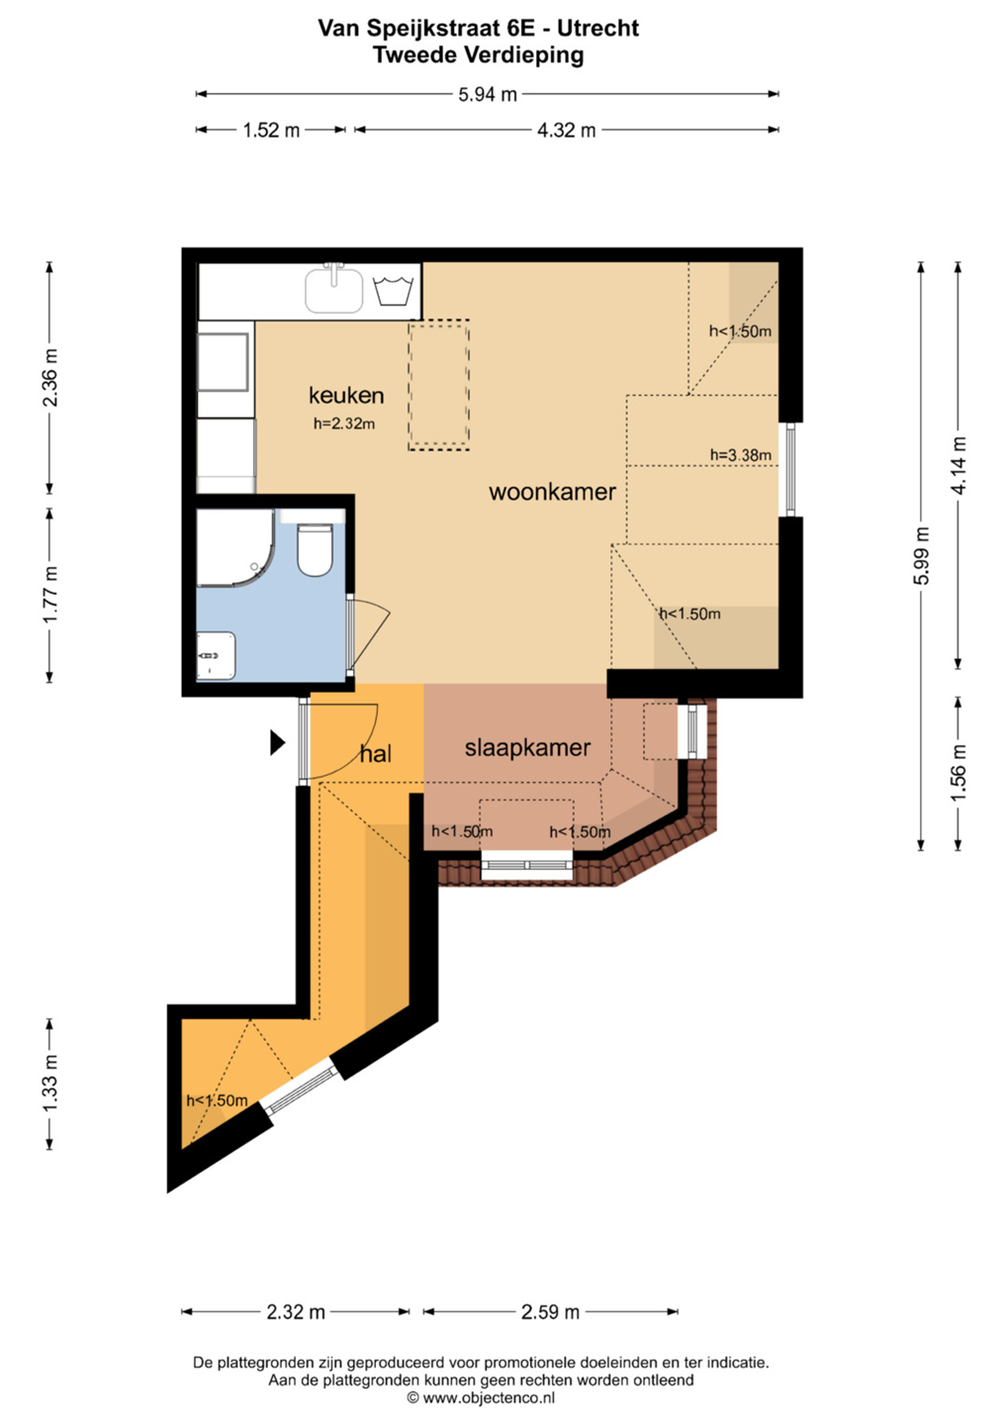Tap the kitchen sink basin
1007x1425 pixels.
[333, 290]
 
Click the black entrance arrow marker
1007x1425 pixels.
[277, 742]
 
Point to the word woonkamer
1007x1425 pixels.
[552, 492]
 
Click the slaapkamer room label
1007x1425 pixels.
[527, 748]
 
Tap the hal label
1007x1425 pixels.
[375, 754]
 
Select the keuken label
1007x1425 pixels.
[346, 395]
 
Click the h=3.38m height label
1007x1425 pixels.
[741, 455]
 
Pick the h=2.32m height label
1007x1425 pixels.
[344, 424]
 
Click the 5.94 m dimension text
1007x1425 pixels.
[488, 95]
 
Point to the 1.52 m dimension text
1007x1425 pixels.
[271, 131]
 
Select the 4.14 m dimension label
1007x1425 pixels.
[959, 465]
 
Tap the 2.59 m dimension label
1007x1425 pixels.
[550, 1312]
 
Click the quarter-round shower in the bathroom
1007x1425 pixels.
[234, 547]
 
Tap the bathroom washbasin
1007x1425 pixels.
[217, 655]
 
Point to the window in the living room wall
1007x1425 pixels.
[790, 469]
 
